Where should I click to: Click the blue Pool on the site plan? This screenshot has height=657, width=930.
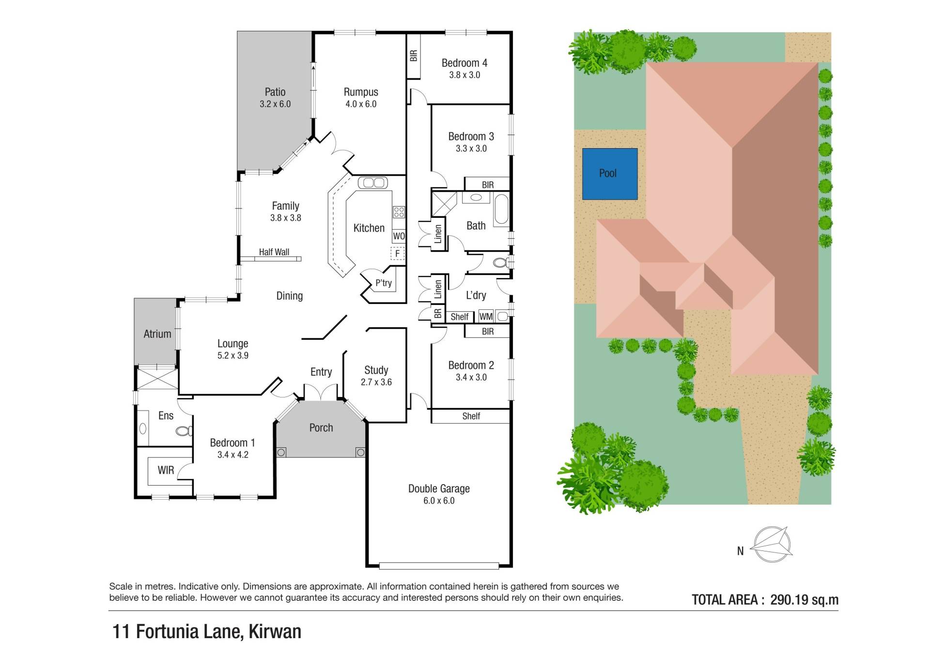coord(609,174)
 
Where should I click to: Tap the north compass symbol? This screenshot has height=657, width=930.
coord(772,545)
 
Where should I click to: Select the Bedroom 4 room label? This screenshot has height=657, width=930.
coord(464,63)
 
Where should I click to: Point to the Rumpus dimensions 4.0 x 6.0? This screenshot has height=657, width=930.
coord(361,104)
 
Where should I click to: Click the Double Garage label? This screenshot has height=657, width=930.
coord(439,489)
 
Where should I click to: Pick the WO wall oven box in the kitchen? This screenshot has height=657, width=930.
coord(399,236)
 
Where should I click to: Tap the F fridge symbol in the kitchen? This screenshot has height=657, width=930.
coord(397,253)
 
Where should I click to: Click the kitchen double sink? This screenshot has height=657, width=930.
coord(372,183)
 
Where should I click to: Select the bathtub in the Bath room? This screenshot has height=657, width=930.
coord(501,210)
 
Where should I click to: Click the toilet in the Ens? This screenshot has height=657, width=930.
coord(184,430)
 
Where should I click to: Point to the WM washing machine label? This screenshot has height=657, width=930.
coord(486,317)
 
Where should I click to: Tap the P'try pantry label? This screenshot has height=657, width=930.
coord(384,283)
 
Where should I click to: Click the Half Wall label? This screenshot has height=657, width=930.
coord(274,252)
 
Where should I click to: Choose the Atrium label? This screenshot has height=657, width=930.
coord(157,334)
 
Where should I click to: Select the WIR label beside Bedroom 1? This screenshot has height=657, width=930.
coord(166,470)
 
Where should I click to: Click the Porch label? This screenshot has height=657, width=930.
coord(321,428)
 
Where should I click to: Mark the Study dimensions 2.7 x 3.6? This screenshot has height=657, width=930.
coord(376,382)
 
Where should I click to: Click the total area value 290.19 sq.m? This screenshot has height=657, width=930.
coord(804,600)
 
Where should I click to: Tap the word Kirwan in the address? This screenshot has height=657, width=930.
coord(275,632)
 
